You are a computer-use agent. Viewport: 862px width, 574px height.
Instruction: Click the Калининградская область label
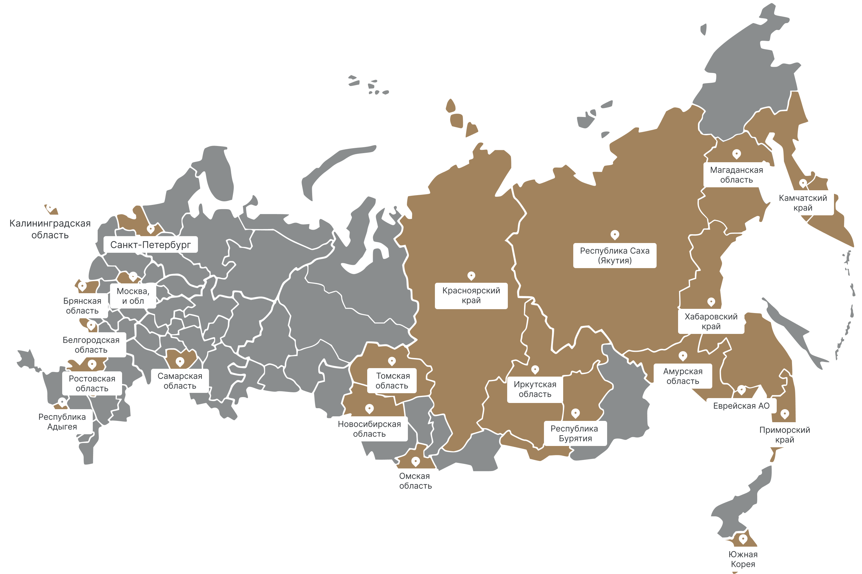pyautogui.click(x=50, y=229)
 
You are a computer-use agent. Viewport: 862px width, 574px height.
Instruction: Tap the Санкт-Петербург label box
pyautogui.click(x=150, y=245)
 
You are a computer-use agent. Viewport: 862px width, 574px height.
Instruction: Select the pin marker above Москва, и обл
pyautogui.click(x=133, y=276)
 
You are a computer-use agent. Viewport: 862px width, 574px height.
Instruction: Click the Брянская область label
pyautogui.click(x=82, y=306)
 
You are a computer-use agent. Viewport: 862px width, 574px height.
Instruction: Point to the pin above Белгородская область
pyautogui.click(x=91, y=325)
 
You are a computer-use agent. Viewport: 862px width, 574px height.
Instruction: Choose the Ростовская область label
pyautogui.click(x=92, y=383)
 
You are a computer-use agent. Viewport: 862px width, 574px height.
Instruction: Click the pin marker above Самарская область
pyautogui.click(x=180, y=362)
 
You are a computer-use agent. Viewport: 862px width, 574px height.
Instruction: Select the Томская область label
pyautogui.click(x=392, y=381)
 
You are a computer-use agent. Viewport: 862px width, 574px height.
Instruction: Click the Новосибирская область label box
pyautogui.click(x=369, y=429)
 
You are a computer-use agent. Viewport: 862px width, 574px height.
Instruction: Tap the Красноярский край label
pyautogui.click(x=471, y=295)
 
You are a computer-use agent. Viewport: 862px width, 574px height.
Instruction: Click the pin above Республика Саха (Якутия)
pyautogui.click(x=615, y=234)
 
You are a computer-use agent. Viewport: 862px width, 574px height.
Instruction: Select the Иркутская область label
pyautogui.click(x=535, y=389)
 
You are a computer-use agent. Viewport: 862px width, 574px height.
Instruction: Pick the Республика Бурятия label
pyautogui.click(x=575, y=433)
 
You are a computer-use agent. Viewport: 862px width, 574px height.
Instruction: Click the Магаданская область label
pyautogui.click(x=736, y=175)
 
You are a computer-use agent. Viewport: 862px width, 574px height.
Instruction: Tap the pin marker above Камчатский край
pyautogui.click(x=803, y=183)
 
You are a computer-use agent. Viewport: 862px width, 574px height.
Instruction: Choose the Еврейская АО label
pyautogui.click(x=741, y=406)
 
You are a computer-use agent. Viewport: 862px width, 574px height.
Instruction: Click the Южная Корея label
pyautogui.click(x=743, y=559)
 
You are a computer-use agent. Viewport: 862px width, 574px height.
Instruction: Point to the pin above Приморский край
pyautogui.click(x=785, y=414)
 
